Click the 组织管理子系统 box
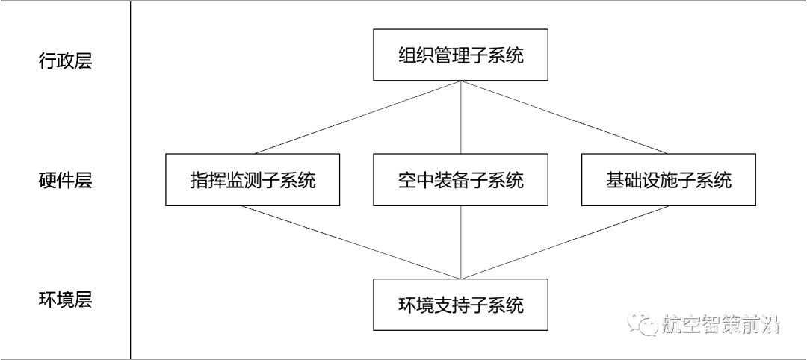coord(460,55)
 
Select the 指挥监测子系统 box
coord(253,180)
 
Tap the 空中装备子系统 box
coord(460,180)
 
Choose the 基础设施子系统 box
coord(669,180)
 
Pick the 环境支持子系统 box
coord(460,305)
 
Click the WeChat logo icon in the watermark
coord(642,323)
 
